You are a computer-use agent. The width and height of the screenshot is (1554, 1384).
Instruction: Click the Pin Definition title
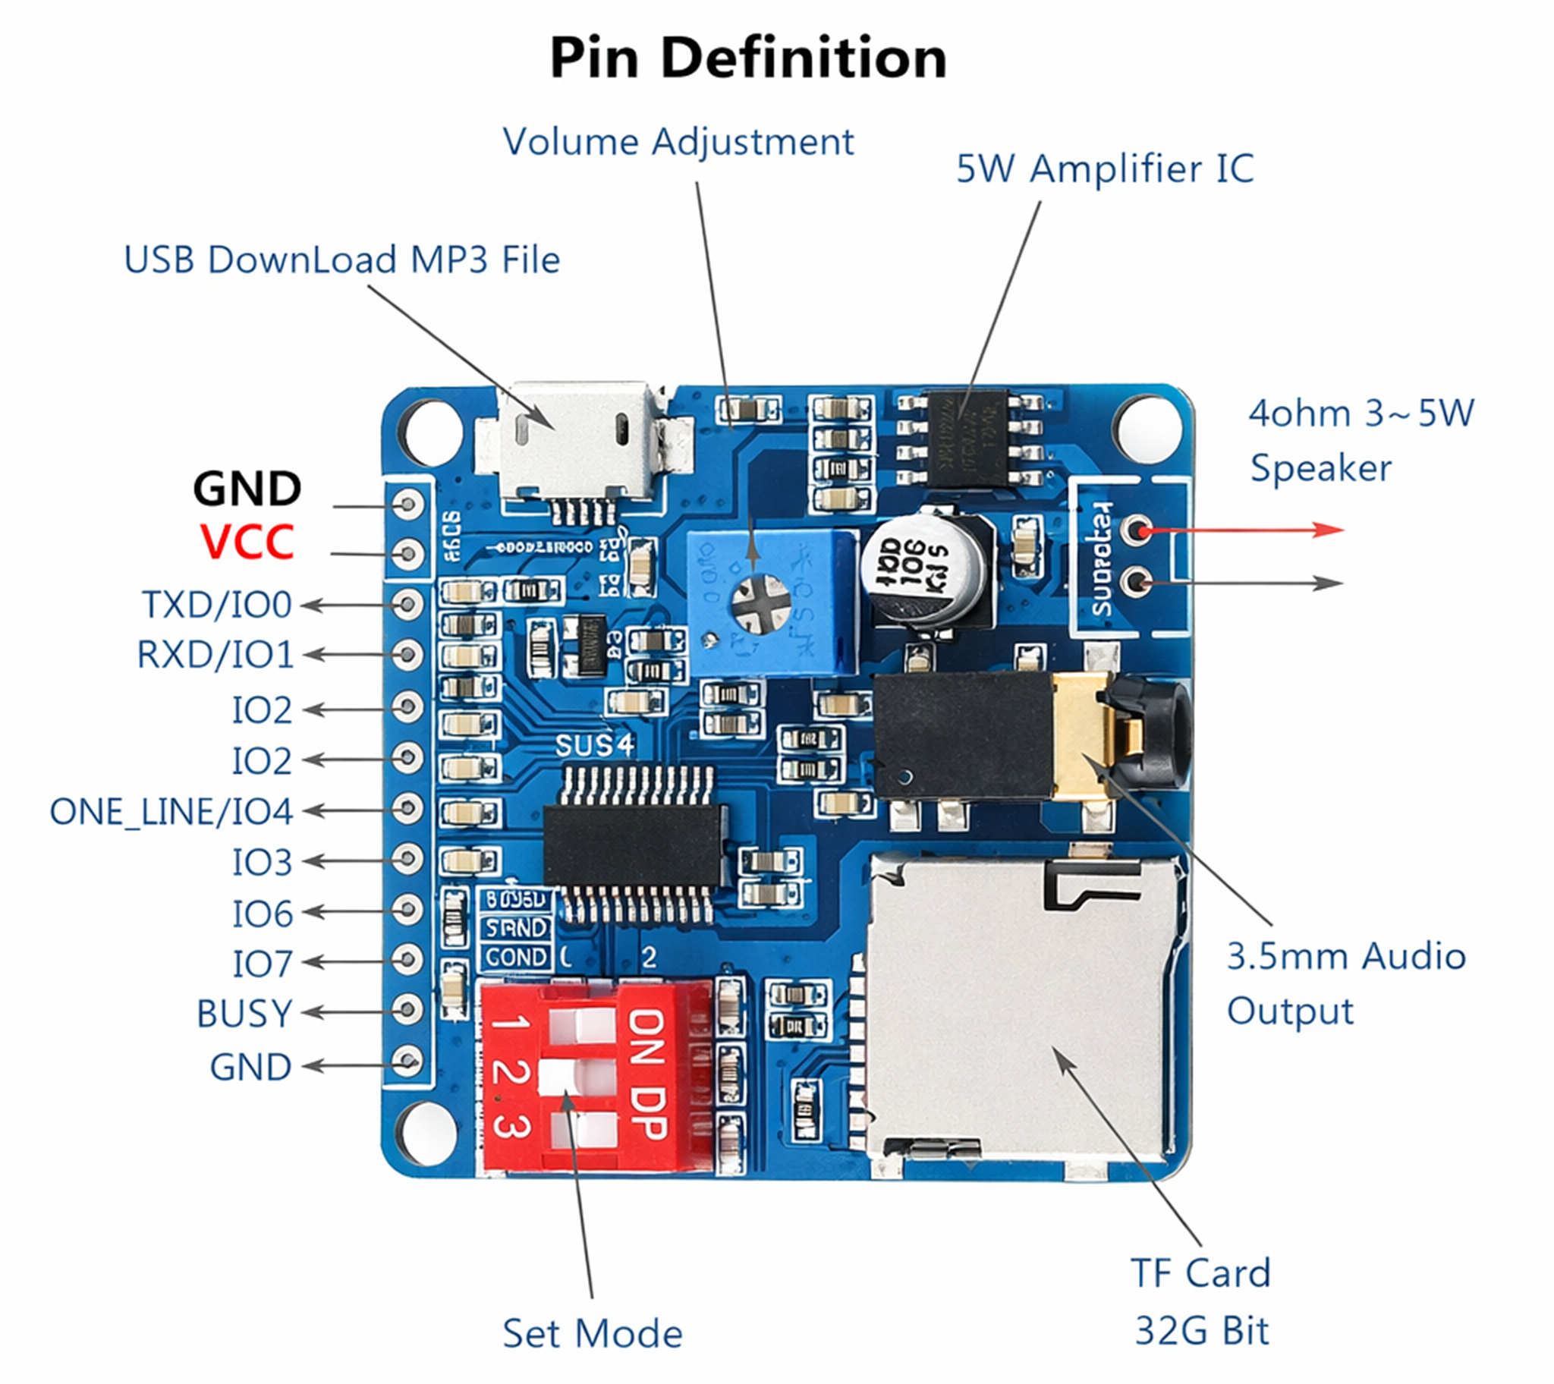(x=748, y=58)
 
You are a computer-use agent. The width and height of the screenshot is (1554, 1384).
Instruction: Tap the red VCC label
(x=247, y=543)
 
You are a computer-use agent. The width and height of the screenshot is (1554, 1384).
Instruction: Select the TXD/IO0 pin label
(x=217, y=605)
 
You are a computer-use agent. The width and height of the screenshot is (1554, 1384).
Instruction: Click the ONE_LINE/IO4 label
(x=171, y=812)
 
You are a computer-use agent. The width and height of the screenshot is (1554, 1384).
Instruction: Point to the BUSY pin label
(x=244, y=1014)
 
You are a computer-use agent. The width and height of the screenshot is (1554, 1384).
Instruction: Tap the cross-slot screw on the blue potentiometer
(x=761, y=604)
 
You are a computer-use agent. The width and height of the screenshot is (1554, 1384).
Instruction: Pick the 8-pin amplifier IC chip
(x=967, y=439)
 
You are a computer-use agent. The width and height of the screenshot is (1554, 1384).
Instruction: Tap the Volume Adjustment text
(x=678, y=142)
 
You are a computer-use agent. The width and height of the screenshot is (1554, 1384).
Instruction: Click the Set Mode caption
(x=593, y=1334)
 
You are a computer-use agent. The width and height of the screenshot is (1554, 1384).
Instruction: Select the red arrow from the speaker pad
(x=1247, y=530)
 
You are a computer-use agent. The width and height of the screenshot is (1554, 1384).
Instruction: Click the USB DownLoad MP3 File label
(x=342, y=260)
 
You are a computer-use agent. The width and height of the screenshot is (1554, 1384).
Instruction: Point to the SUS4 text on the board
(x=594, y=746)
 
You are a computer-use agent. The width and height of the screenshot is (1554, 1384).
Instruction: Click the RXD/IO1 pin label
(x=215, y=655)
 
